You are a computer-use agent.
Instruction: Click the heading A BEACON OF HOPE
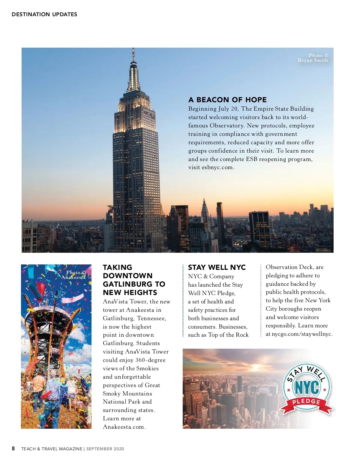tap(227, 100)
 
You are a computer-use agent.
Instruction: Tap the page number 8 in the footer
tap(13, 449)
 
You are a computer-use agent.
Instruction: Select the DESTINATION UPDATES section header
tap(44, 14)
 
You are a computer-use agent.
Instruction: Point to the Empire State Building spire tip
tap(133, 49)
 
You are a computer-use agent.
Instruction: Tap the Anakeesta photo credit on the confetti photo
tap(74, 275)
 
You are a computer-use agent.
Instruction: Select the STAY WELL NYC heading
tap(217, 267)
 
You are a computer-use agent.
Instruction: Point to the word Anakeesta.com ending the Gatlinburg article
tap(124, 427)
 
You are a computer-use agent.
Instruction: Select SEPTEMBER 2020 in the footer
tap(105, 449)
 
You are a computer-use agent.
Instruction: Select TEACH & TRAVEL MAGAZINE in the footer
tap(52, 449)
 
